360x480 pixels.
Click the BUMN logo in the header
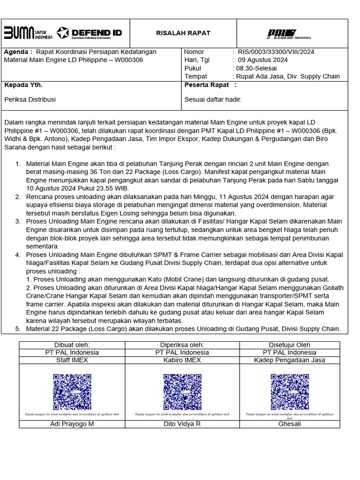[28, 33]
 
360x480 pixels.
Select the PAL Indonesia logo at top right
[288, 34]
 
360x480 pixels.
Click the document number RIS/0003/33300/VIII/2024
[276, 52]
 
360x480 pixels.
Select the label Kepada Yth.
[23, 85]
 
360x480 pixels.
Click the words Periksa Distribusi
[30, 99]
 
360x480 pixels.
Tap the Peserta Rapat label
[207, 85]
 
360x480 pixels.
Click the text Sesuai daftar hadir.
[213, 99]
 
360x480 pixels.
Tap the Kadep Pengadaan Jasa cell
[289, 360]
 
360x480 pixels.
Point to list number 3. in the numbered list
[18, 221]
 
